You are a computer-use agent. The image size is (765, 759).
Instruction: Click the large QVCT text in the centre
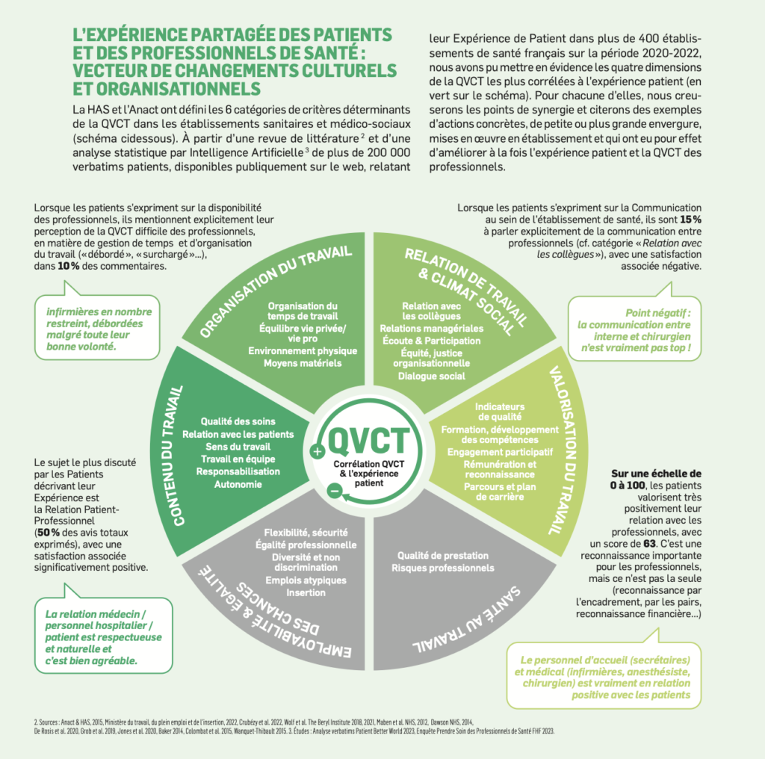369,440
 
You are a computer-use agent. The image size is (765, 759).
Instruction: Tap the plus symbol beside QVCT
318,451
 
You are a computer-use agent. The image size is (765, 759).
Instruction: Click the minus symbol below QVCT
335,490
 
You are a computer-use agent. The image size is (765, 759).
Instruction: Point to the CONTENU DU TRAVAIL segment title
175,456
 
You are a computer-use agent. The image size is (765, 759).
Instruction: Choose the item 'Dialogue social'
431,376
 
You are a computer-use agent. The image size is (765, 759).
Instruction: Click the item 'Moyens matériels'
303,363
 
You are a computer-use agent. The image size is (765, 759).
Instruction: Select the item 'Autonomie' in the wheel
238,484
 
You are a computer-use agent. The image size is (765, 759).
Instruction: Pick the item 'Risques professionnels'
442,568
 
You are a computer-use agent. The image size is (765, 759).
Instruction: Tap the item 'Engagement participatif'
500,452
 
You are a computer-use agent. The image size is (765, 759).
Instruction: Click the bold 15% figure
691,220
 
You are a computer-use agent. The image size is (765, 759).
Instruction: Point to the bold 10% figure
68,267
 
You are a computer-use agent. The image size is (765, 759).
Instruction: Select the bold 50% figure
49,533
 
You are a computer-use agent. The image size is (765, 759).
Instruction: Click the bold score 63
649,544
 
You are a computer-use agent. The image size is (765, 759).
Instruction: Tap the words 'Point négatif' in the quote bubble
657,313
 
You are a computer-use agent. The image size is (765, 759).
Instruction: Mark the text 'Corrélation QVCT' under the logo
369,464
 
